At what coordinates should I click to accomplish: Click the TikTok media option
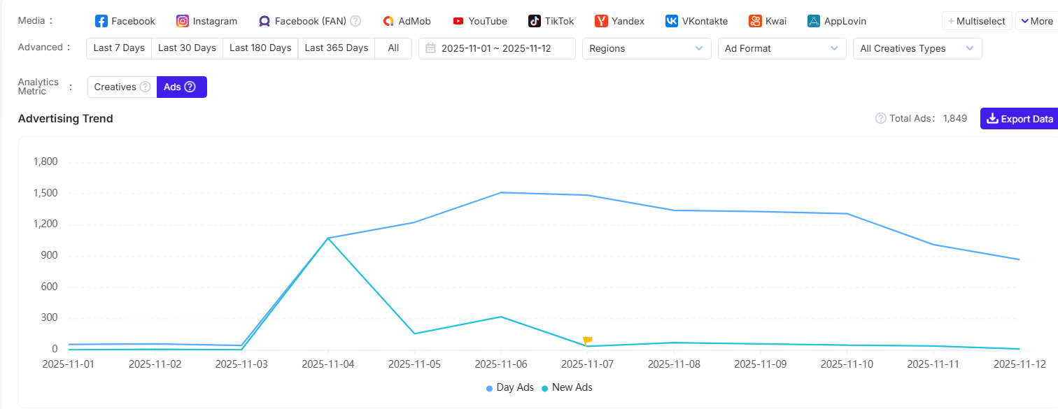(551, 21)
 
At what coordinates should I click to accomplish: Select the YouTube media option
(480, 21)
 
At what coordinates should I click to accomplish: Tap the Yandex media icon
(601, 21)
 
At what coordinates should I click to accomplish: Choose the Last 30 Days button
(187, 48)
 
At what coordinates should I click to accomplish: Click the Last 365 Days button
(336, 48)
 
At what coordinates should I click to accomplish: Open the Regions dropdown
(646, 48)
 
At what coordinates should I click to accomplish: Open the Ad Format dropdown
(781, 48)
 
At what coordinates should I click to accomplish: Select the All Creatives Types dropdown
(917, 48)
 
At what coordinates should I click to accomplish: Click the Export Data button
(1019, 119)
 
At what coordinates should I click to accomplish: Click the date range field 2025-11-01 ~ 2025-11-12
(497, 48)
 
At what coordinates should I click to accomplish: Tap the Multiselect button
(976, 21)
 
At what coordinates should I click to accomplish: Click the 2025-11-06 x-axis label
(501, 364)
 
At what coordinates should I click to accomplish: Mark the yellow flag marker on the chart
(587, 340)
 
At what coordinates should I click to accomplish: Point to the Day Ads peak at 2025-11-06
(502, 192)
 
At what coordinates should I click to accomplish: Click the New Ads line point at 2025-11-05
(414, 333)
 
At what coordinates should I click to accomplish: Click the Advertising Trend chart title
(66, 119)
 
